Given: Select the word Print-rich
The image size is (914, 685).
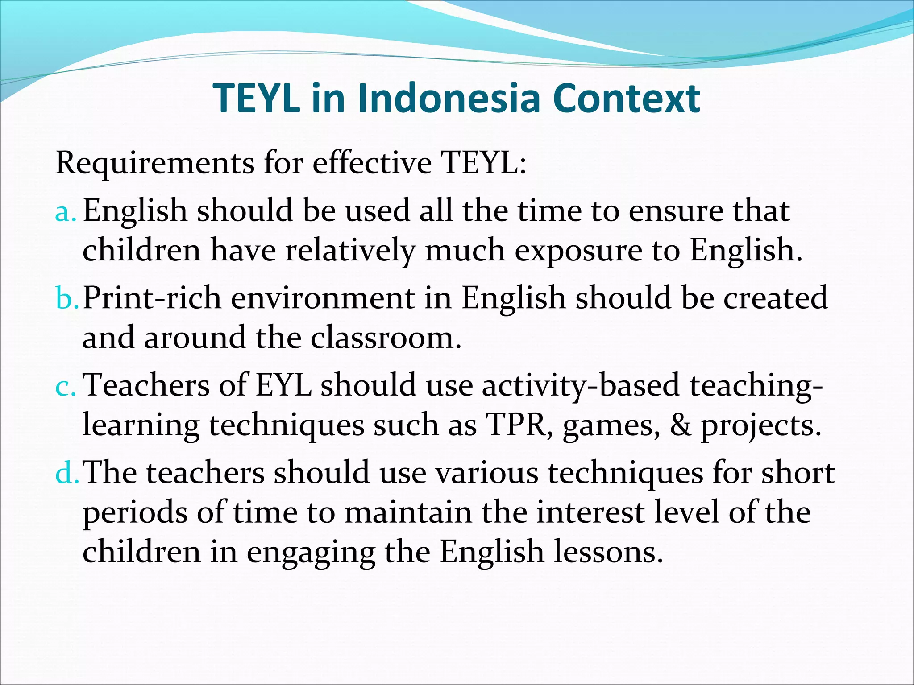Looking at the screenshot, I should point(152,298).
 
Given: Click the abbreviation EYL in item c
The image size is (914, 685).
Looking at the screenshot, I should point(283,385).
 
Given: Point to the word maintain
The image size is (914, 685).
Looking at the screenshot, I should point(408,512).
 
